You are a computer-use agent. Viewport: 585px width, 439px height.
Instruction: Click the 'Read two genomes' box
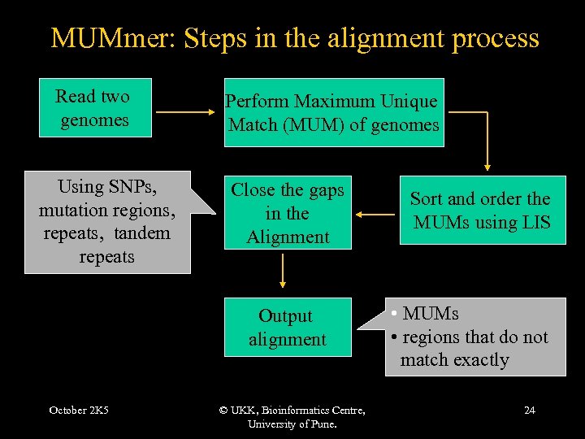95,107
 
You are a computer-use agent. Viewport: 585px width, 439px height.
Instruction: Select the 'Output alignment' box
288,327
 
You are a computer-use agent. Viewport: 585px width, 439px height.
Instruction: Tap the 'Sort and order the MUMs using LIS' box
483,211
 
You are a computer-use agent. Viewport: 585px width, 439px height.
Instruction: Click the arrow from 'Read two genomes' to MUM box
185,111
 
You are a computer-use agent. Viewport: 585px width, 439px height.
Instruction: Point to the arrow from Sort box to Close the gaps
375,215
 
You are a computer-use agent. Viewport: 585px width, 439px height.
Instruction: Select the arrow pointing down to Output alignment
283,271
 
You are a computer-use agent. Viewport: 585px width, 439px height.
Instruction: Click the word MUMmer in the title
113,38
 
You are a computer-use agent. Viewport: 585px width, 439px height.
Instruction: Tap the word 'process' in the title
496,40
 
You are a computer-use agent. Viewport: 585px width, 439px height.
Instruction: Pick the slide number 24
530,411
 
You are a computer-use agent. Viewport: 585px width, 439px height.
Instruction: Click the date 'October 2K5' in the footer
79,411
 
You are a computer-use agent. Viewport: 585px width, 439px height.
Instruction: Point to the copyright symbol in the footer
223,411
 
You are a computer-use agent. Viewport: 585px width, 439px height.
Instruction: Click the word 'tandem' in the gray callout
142,233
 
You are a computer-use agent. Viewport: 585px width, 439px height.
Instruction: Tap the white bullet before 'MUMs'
394,313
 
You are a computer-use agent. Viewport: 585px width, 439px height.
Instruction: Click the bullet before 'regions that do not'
394,337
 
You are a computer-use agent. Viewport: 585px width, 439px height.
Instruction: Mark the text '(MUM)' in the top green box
314,125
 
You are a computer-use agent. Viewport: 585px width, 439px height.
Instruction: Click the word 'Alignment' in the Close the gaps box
288,237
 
